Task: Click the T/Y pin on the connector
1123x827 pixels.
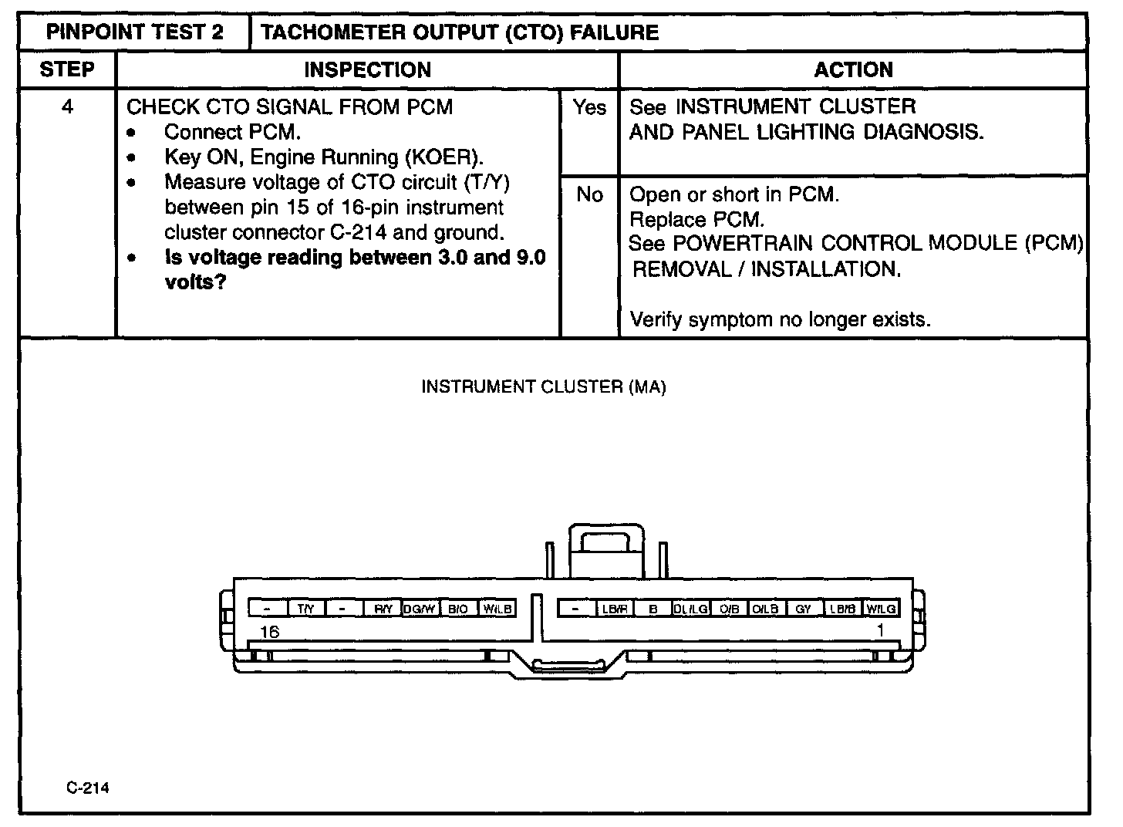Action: click(306, 609)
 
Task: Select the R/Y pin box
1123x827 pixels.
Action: click(383, 609)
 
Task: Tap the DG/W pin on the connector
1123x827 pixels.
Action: click(420, 609)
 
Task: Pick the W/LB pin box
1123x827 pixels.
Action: click(497, 609)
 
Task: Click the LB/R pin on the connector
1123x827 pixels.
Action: click(615, 609)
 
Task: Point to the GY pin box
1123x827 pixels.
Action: click(804, 609)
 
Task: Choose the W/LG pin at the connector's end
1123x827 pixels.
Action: click(881, 609)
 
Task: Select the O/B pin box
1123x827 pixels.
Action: click(729, 609)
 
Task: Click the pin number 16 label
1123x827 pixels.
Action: click(269, 632)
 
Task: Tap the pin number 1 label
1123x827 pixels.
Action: click(880, 630)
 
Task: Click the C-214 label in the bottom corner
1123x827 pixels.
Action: click(87, 788)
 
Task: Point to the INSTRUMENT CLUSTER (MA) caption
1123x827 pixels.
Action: click(543, 386)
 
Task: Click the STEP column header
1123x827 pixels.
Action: click(67, 69)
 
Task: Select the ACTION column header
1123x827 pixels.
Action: click(853, 70)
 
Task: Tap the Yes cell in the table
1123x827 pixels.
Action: click(589, 108)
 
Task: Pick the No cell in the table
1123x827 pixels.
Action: click(589, 195)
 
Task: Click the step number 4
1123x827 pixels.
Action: click(67, 106)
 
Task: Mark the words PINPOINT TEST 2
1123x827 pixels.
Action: click(135, 32)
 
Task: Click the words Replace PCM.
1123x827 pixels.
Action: click(696, 219)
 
